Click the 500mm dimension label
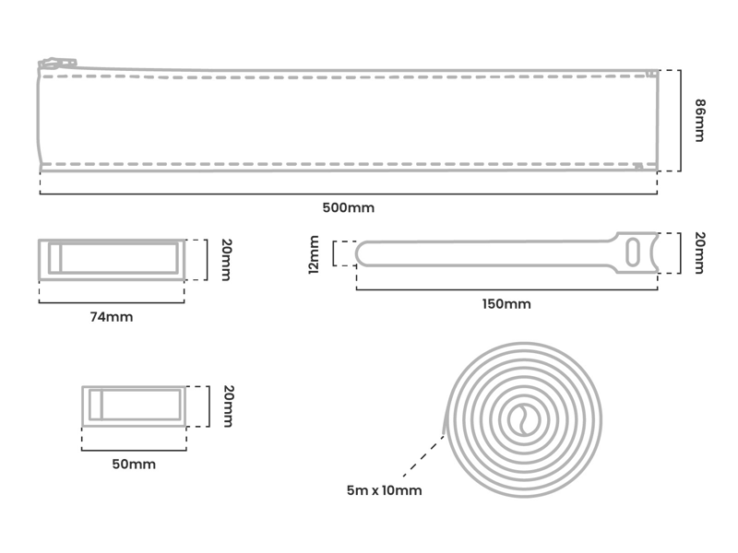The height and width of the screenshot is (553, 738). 348,207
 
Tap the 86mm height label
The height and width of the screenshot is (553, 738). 697,121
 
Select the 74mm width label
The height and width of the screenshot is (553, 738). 111,317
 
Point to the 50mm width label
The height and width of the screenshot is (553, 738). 134,464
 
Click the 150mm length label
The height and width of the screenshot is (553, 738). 507,304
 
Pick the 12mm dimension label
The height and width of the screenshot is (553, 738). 315,254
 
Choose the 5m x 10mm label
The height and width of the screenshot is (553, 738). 384,490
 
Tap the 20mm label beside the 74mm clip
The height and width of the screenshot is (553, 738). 226,261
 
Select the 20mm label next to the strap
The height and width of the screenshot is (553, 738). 698,253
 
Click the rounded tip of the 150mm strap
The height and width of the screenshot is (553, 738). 363,253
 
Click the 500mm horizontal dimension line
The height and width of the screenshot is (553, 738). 348,194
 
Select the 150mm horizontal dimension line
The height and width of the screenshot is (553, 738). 506,289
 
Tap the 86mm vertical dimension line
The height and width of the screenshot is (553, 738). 681,121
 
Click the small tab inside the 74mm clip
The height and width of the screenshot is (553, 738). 54,259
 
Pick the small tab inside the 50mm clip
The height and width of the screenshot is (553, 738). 96,406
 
